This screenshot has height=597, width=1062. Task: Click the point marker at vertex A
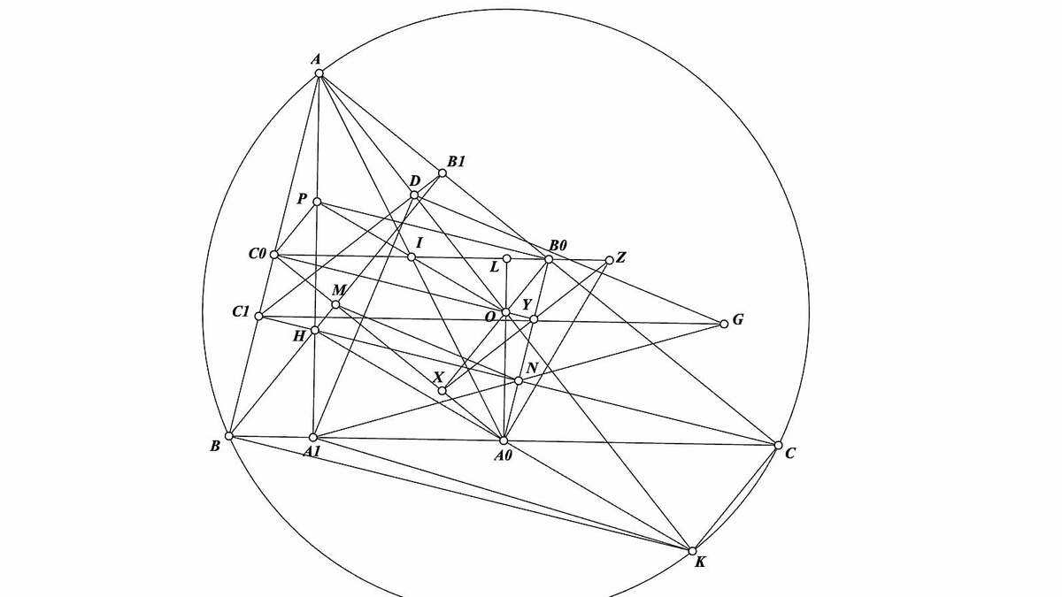319,73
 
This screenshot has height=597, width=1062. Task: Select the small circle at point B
229,436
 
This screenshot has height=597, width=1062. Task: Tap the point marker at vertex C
778,445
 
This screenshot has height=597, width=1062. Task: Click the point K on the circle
692,551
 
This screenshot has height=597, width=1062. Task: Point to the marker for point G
724,324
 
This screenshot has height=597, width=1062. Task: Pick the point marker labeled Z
609,260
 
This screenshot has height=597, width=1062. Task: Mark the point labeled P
317,202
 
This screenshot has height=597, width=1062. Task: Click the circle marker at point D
414,195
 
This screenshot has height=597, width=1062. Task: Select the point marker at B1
442,173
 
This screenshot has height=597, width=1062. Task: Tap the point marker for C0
274,255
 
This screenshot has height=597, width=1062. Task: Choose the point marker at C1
258,316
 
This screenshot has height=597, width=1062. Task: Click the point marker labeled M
335,304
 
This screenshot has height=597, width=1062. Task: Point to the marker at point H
315,330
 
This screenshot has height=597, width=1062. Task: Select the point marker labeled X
442,391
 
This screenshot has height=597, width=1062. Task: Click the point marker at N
519,381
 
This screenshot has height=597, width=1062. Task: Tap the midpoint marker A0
504,440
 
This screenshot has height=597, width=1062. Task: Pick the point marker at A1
313,437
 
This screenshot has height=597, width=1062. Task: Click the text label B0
558,246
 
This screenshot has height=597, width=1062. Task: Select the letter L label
495,267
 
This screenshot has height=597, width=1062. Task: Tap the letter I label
419,243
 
